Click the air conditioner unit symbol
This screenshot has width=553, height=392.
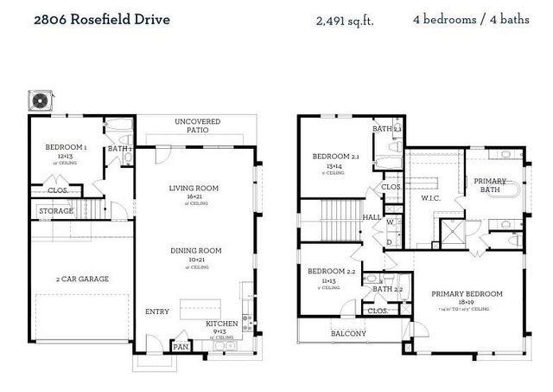click(40, 100)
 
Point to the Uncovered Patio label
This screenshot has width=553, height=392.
click(197, 126)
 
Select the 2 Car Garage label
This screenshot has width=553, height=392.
click(82, 279)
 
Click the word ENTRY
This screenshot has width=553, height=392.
click(157, 312)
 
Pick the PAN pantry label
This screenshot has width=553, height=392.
click(181, 346)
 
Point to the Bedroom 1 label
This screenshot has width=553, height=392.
click(67, 147)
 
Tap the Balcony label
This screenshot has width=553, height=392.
click(349, 333)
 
